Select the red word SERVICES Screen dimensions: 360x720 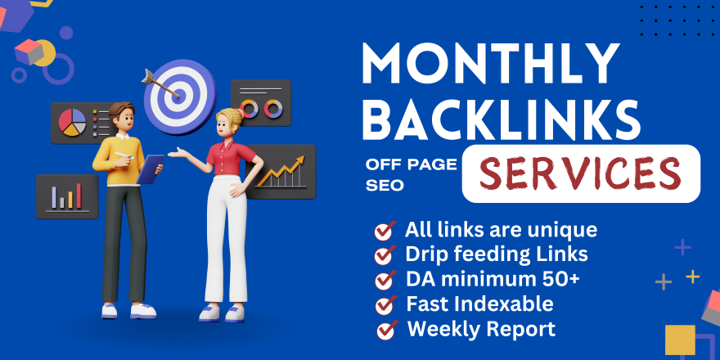pyautogui.click(x=580, y=173)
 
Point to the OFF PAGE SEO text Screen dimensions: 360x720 pyautogui.click(x=405, y=175)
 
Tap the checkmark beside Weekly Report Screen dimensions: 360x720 pyautogui.click(x=385, y=331)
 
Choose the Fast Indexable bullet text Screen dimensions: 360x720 pyautogui.click(x=479, y=304)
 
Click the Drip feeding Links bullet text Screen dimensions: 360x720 pyautogui.click(x=497, y=254)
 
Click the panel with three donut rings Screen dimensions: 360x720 pyautogui.click(x=261, y=104)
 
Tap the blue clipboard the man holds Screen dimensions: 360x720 pyautogui.click(x=151, y=169)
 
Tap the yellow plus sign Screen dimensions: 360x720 pyautogui.click(x=692, y=276)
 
